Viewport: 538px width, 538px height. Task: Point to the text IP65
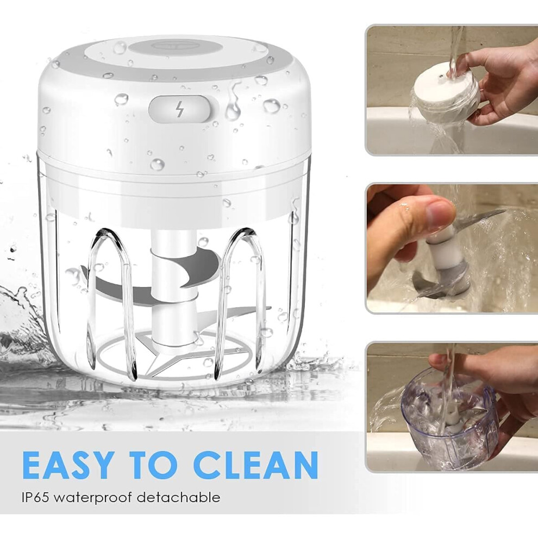[x=36, y=497]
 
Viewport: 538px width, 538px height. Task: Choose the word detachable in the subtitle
[x=179, y=497]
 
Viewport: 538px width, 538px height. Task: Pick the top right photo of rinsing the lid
[x=451, y=90]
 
